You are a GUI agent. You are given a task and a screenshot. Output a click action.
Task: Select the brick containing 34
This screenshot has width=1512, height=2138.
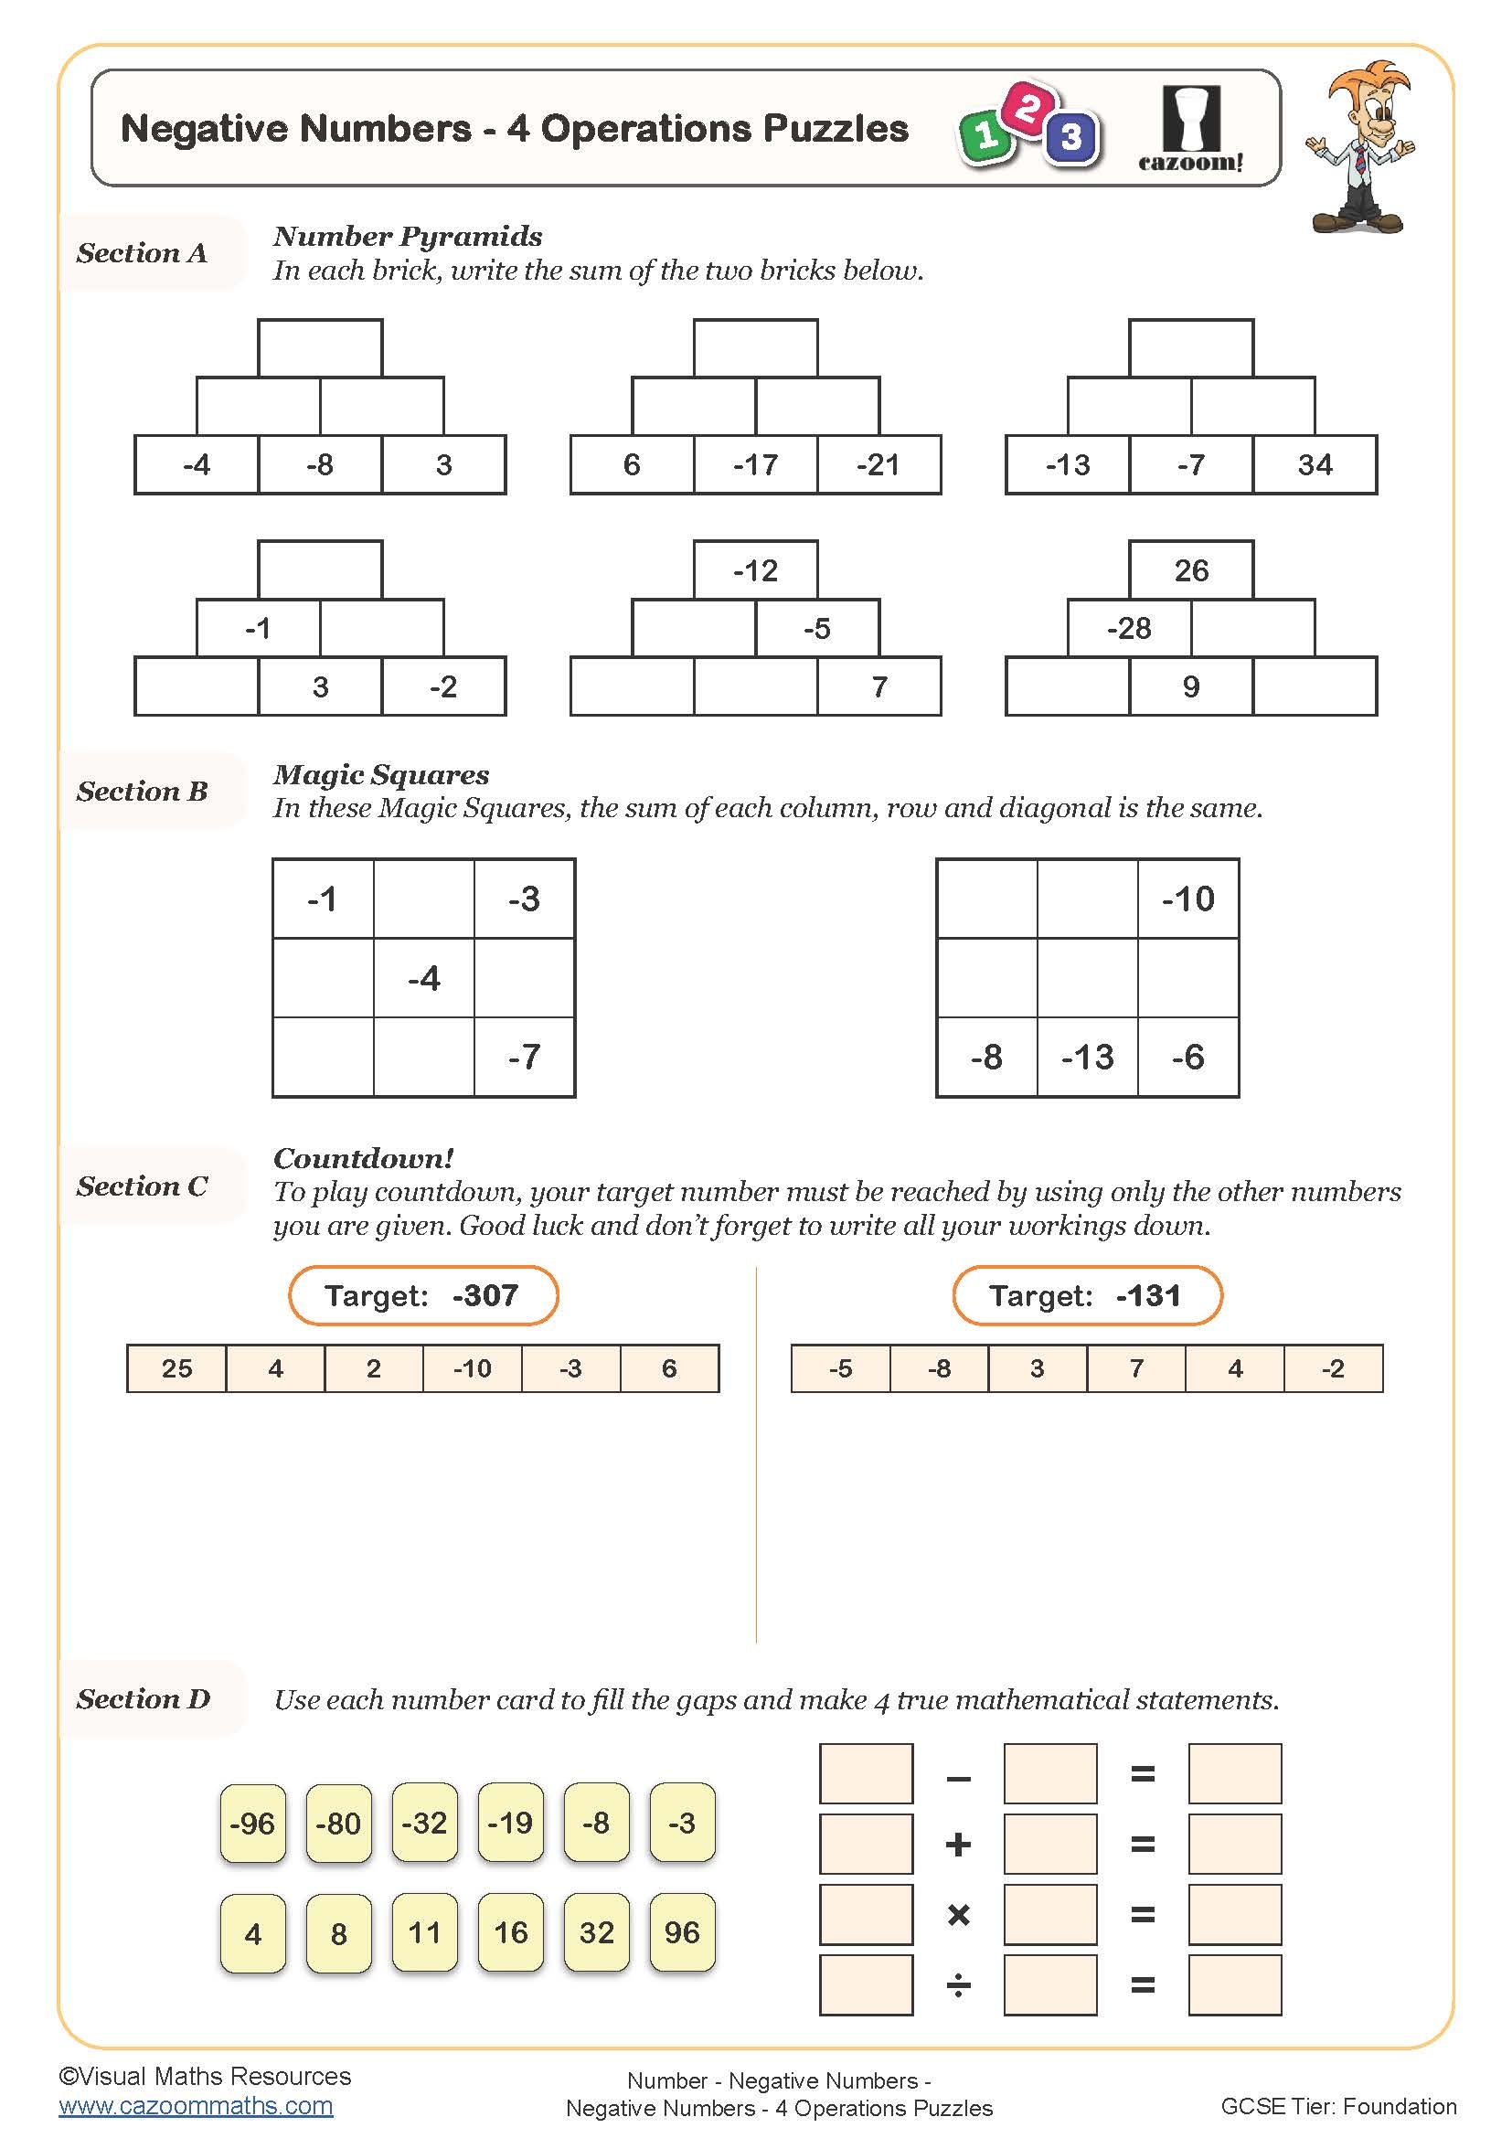pyautogui.click(x=1314, y=464)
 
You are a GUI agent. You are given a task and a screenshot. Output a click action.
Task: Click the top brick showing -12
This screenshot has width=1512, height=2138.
pyautogui.click(x=755, y=569)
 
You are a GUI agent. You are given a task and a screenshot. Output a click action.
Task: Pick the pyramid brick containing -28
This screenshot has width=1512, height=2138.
pyautogui.click(x=1128, y=629)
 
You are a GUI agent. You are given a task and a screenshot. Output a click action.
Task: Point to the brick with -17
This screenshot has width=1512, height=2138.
pyautogui.click(x=755, y=464)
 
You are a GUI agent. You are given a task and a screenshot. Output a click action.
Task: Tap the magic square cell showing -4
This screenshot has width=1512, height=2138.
pyautogui.click(x=423, y=978)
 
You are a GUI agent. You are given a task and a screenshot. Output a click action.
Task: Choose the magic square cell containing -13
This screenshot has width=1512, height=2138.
pyautogui.click(x=1087, y=1057)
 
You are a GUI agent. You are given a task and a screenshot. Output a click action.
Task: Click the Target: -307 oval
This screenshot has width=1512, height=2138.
pyautogui.click(x=422, y=1295)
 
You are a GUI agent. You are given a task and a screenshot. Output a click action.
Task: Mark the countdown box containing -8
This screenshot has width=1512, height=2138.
pyautogui.click(x=939, y=1368)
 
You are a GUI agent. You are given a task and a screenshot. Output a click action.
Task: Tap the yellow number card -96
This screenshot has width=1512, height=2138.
pyautogui.click(x=252, y=1823)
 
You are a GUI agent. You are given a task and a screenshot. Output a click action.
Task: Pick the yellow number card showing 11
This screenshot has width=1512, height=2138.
pyautogui.click(x=424, y=1932)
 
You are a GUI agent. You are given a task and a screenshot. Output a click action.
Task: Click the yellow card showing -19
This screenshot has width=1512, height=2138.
pyautogui.click(x=510, y=1823)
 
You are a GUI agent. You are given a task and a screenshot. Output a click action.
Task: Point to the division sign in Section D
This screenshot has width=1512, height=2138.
pyautogui.click(x=958, y=1986)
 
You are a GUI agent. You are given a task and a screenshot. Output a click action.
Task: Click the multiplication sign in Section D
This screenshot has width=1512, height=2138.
pyautogui.click(x=958, y=1916)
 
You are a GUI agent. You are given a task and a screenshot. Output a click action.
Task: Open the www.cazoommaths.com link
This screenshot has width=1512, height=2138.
pyautogui.click(x=196, y=2105)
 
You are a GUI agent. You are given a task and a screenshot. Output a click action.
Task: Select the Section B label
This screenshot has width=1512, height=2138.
pyautogui.click(x=143, y=791)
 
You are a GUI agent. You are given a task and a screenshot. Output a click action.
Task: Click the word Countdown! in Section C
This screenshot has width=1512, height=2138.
pyautogui.click(x=363, y=1158)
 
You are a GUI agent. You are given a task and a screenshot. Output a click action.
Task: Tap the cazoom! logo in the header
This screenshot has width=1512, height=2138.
pyautogui.click(x=1191, y=131)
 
